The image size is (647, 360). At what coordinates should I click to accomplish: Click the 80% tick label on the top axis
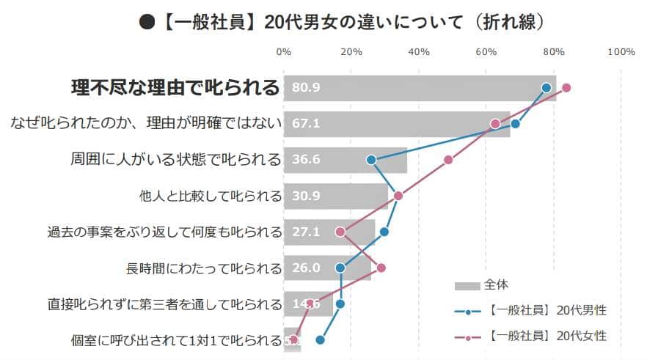(554, 51)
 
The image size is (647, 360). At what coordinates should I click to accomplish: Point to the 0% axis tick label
(283, 51)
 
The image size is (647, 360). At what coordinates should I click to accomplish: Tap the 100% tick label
(621, 51)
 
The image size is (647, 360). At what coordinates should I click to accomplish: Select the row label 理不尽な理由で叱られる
(175, 88)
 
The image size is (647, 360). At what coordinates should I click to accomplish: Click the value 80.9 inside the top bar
(306, 88)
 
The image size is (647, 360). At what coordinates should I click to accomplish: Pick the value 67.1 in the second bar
(306, 124)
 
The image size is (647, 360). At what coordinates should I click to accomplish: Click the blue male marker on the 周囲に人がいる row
(371, 160)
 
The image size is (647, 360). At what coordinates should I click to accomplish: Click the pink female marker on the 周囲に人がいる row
(448, 160)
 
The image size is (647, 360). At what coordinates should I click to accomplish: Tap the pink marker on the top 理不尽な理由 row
(566, 88)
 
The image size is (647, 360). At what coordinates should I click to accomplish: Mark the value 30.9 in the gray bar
(306, 196)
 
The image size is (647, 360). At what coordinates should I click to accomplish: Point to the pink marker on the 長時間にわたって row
(381, 268)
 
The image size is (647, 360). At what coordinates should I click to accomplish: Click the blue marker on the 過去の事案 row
(384, 232)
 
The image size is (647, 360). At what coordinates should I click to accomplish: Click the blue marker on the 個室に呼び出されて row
(320, 339)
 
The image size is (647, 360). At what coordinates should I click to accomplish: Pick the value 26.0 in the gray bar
(306, 268)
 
